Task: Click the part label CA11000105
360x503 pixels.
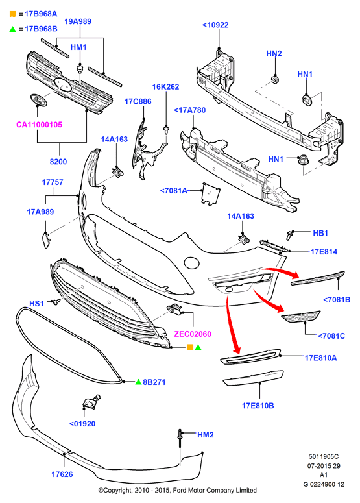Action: [x=39, y=125]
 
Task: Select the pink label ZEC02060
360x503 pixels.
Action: [x=193, y=334]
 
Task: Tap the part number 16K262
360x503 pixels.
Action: [x=165, y=86]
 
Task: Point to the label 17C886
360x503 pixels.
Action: [x=138, y=101]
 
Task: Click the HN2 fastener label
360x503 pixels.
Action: [x=274, y=53]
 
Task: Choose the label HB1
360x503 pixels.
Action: [x=320, y=233]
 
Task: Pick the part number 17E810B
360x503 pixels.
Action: [x=258, y=406]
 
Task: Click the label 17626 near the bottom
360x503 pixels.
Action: [x=62, y=474]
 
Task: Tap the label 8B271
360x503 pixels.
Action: [x=154, y=382]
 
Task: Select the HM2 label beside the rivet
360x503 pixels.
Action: [x=206, y=435]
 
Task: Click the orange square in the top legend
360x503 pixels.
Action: [x=12, y=14]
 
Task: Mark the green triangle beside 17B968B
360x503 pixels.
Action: [x=12, y=29]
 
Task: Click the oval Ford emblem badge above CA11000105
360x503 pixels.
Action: [x=38, y=100]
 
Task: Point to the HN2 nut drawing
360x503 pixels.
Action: [x=275, y=79]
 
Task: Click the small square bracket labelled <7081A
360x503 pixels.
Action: [x=211, y=193]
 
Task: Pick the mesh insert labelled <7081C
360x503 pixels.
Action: [x=301, y=317]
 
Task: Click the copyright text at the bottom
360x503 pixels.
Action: [x=178, y=490]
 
